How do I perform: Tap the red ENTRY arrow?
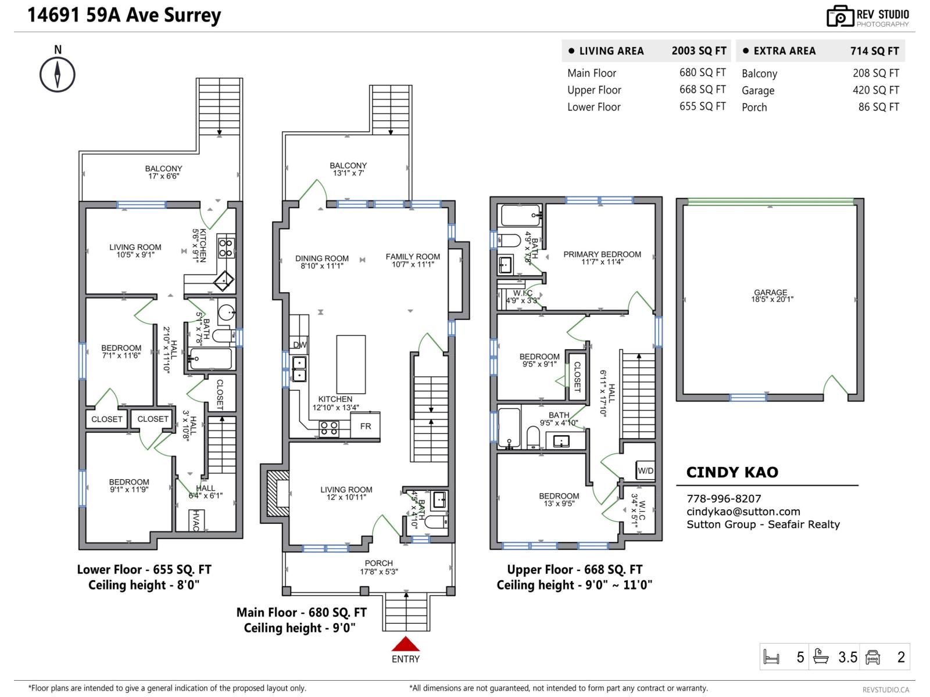click(x=405, y=644)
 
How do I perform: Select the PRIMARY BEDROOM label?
click(x=602, y=254)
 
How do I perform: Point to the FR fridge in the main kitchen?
click(x=366, y=426)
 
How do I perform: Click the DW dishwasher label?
click(x=300, y=345)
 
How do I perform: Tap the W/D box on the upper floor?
click(x=645, y=470)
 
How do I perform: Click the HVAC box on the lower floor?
click(x=196, y=520)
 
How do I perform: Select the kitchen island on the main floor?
click(x=351, y=365)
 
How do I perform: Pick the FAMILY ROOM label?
click(x=413, y=256)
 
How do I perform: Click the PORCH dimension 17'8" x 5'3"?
click(x=378, y=572)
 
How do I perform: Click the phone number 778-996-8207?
click(x=724, y=498)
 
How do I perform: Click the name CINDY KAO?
click(x=732, y=472)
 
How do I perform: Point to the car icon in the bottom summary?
click(x=872, y=657)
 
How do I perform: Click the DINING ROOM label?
click(x=322, y=258)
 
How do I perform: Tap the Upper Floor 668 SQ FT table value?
click(x=702, y=89)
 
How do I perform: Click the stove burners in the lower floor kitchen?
click(x=226, y=248)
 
